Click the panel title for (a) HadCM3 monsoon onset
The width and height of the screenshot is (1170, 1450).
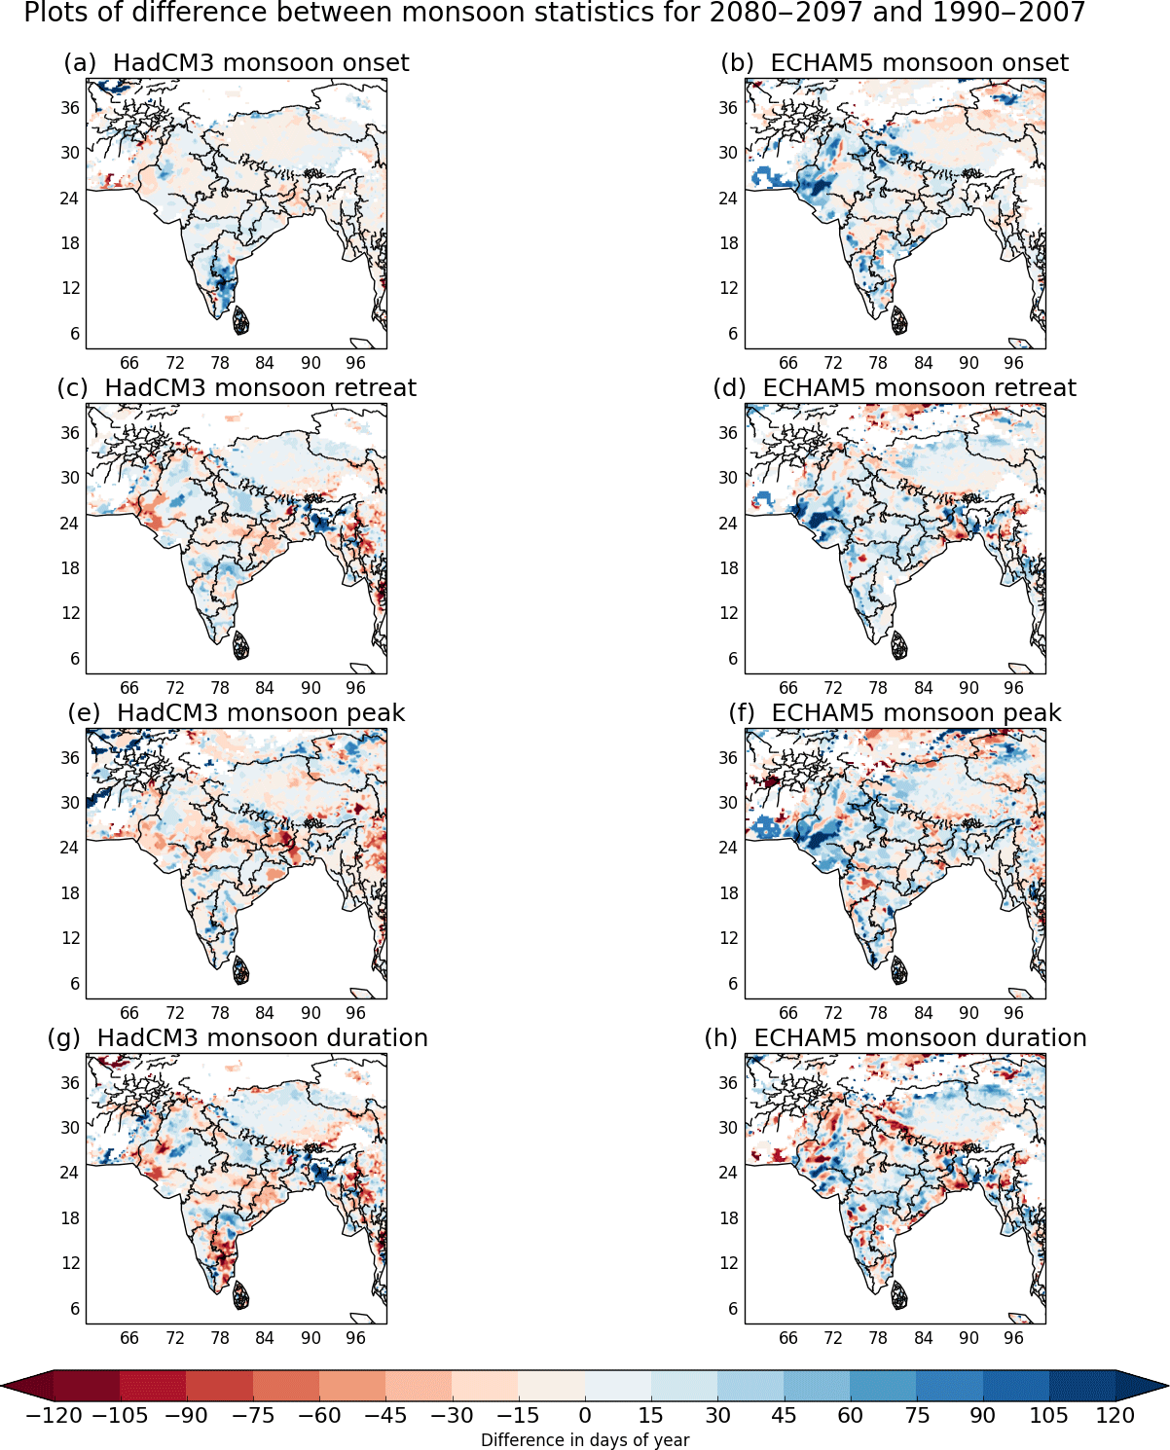[236, 63]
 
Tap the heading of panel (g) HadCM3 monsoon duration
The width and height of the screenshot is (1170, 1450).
[238, 1038]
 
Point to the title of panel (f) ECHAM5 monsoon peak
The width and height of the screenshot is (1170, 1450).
[895, 713]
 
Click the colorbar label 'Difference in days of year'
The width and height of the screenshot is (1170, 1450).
[585, 1440]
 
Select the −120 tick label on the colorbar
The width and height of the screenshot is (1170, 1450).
[54, 1416]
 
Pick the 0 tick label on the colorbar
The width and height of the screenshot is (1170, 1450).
[585, 1416]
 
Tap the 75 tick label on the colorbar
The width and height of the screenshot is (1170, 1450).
[917, 1416]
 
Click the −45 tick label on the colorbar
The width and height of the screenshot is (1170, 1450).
[385, 1416]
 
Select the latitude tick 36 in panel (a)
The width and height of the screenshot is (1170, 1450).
[70, 108]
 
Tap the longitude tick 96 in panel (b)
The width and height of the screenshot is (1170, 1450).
[1013, 363]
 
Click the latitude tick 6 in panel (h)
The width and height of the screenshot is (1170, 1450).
[733, 1309]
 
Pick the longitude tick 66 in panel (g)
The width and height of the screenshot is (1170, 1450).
[129, 1338]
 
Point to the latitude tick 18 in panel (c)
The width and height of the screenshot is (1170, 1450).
[70, 568]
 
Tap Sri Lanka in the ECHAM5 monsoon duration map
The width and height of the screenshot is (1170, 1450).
[898, 1295]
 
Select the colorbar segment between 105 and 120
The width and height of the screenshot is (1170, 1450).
[1081, 1386]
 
